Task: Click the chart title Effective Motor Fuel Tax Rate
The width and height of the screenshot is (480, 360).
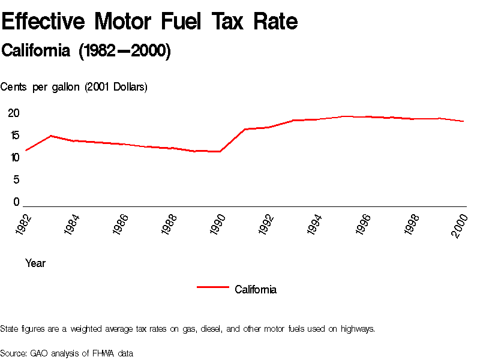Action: coord(149,22)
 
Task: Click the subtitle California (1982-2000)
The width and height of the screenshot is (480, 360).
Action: coord(86,51)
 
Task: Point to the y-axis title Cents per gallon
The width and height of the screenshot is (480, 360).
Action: coord(74,87)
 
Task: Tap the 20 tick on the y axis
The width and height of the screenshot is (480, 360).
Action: coord(14,113)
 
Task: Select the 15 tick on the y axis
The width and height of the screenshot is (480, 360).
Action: coord(14,136)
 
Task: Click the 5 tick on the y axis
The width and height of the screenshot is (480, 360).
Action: coord(17,180)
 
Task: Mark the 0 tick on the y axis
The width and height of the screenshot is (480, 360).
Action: coord(17,202)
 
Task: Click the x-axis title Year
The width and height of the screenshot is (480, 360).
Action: coord(35,263)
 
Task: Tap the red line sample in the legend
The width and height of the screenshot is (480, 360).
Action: coord(213,287)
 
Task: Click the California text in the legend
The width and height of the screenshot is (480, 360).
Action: coord(256,290)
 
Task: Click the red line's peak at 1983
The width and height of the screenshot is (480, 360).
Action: coord(50,136)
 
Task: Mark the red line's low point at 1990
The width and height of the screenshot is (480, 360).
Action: coord(221,151)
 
